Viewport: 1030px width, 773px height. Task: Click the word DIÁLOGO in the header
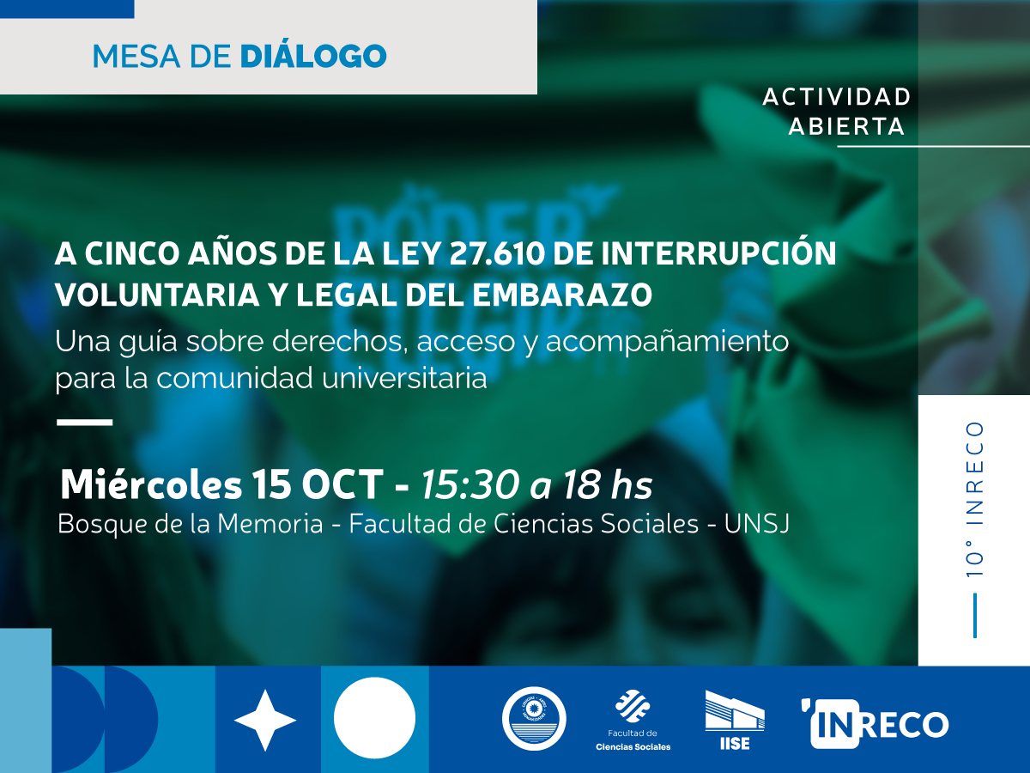312,57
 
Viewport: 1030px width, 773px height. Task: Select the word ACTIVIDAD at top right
836,96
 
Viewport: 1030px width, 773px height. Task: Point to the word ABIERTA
846,127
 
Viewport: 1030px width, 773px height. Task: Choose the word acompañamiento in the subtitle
667,341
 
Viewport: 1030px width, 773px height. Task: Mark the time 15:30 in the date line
470,486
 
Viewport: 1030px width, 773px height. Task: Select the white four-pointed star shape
265,720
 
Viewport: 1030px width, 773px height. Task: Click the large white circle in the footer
374,718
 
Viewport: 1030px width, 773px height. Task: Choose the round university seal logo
534,718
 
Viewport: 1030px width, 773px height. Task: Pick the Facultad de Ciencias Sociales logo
633,720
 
